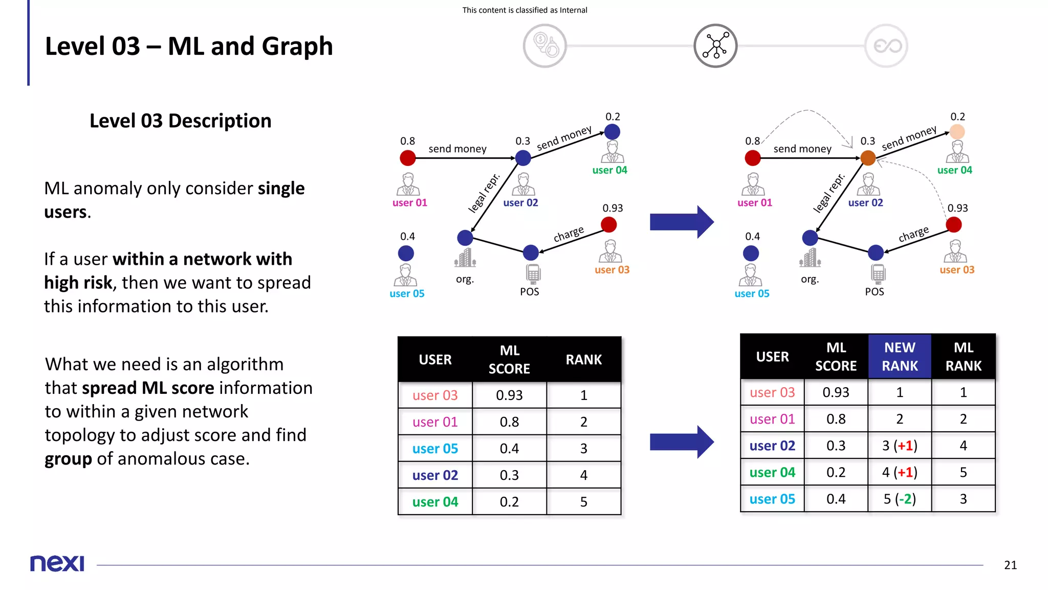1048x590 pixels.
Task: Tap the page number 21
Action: click(x=1010, y=565)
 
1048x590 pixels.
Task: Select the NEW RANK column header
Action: click(x=900, y=356)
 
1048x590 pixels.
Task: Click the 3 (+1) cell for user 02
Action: click(x=900, y=446)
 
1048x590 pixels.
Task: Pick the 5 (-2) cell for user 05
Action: click(x=900, y=499)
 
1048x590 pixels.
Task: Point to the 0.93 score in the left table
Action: click(x=509, y=395)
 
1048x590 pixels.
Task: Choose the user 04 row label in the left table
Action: click(x=435, y=502)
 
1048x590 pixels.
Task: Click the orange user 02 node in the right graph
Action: click(x=868, y=158)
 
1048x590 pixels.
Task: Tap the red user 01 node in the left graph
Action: click(x=408, y=158)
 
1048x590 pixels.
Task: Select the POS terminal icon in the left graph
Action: click(x=533, y=273)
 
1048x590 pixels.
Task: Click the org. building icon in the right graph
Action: click(x=810, y=258)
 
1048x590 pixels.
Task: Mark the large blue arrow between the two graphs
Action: click(x=682, y=222)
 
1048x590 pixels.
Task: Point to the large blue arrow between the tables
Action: click(x=682, y=441)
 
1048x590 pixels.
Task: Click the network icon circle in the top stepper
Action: click(x=715, y=46)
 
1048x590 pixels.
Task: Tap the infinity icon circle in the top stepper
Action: click(x=887, y=46)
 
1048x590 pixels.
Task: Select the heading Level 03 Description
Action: click(x=180, y=121)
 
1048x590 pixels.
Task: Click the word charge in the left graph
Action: click(x=569, y=234)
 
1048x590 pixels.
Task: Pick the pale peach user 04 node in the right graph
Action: click(x=957, y=132)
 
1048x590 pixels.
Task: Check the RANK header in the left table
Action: click(x=583, y=360)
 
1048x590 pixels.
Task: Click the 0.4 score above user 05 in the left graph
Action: click(x=407, y=236)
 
